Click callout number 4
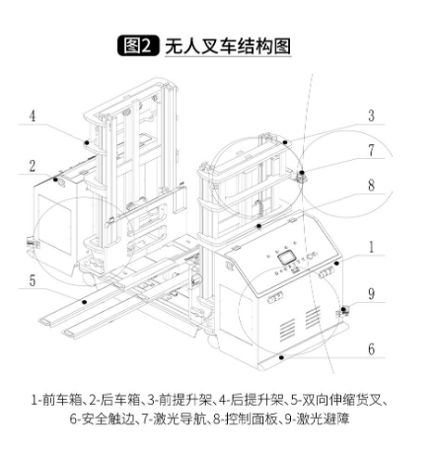coord(33,116)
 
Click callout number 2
coord(33,166)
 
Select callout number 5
coord(33,281)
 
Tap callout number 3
coord(371,115)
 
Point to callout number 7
coord(371,150)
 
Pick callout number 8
coord(371,186)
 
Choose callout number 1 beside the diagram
coord(371,247)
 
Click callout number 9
coord(371,294)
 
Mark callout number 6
coord(371,349)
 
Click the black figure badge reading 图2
coord(138,45)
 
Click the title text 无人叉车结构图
coord(228,46)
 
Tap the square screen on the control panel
coord(286,258)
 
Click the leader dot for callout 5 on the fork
coord(85,302)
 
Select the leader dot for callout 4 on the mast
coord(87,143)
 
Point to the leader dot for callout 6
coord(280,357)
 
